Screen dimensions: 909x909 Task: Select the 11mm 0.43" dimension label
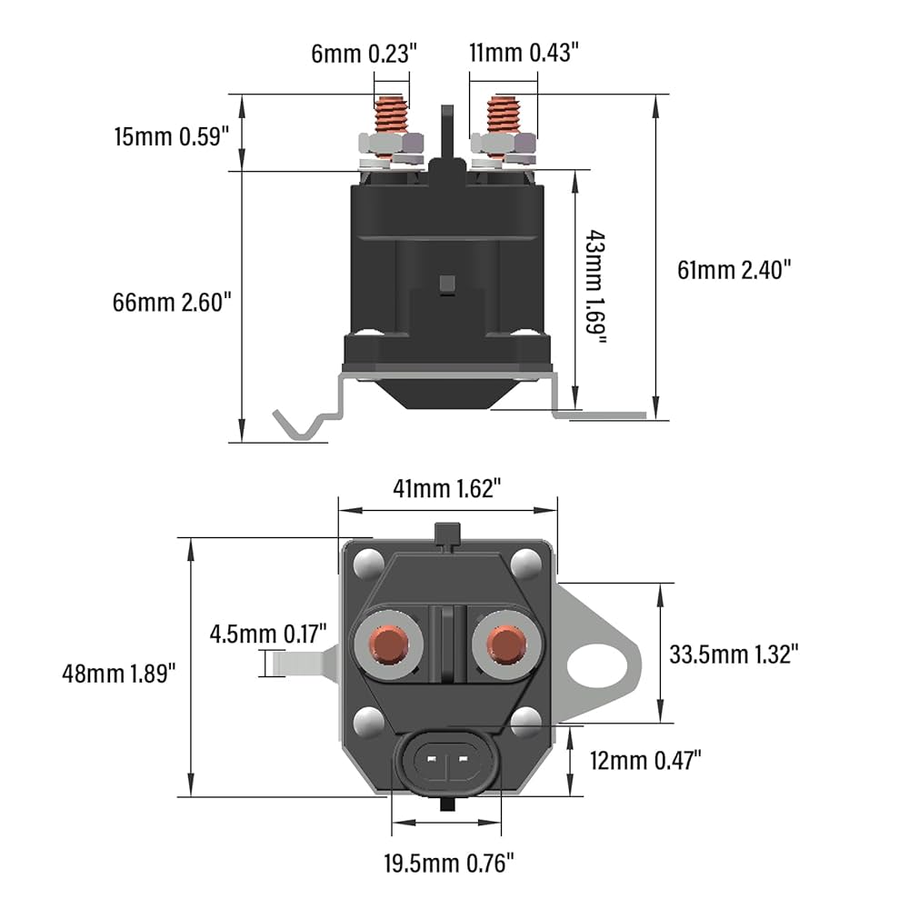click(x=524, y=54)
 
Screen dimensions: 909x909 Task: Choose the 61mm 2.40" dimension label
click(x=735, y=269)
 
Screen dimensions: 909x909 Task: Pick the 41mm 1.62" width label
click(x=447, y=488)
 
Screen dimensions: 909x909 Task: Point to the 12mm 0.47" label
click(x=644, y=760)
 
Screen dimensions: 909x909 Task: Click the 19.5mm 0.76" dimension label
click(x=447, y=858)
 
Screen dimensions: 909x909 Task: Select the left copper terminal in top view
click(x=392, y=644)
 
